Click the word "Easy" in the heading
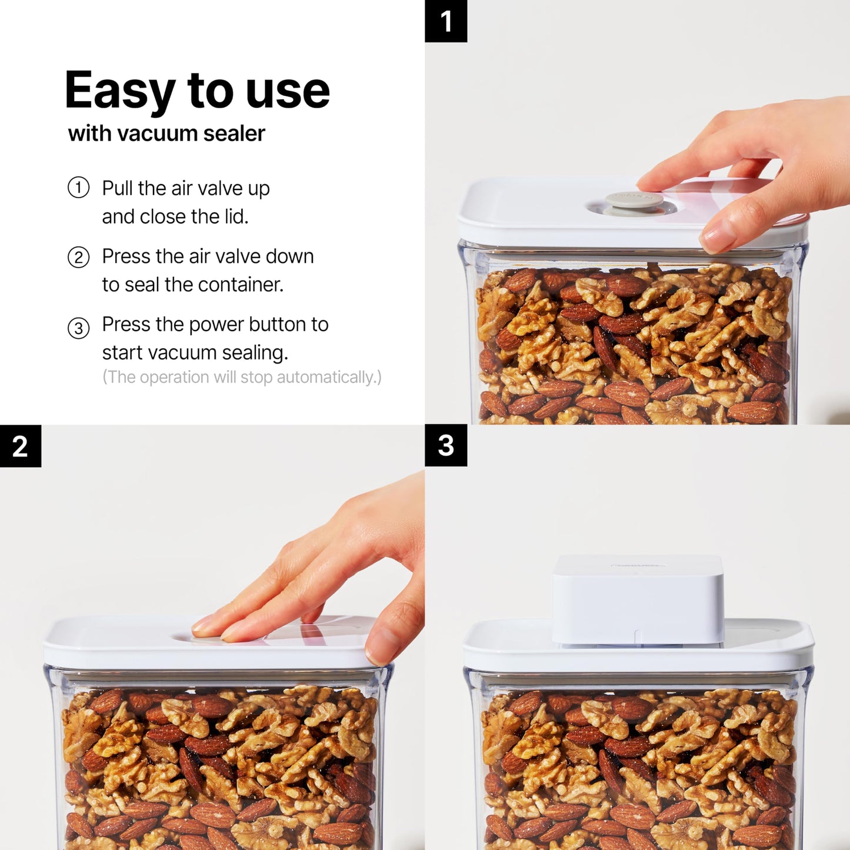(x=119, y=91)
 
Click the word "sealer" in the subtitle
(x=234, y=134)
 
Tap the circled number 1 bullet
(x=78, y=188)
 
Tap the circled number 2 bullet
(x=78, y=257)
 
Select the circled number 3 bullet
(x=78, y=328)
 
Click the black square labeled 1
(x=446, y=21)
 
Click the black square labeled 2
(x=21, y=446)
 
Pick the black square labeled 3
(x=446, y=445)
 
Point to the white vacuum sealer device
(x=638, y=599)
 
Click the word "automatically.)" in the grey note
(x=329, y=377)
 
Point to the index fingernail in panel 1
(x=718, y=238)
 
